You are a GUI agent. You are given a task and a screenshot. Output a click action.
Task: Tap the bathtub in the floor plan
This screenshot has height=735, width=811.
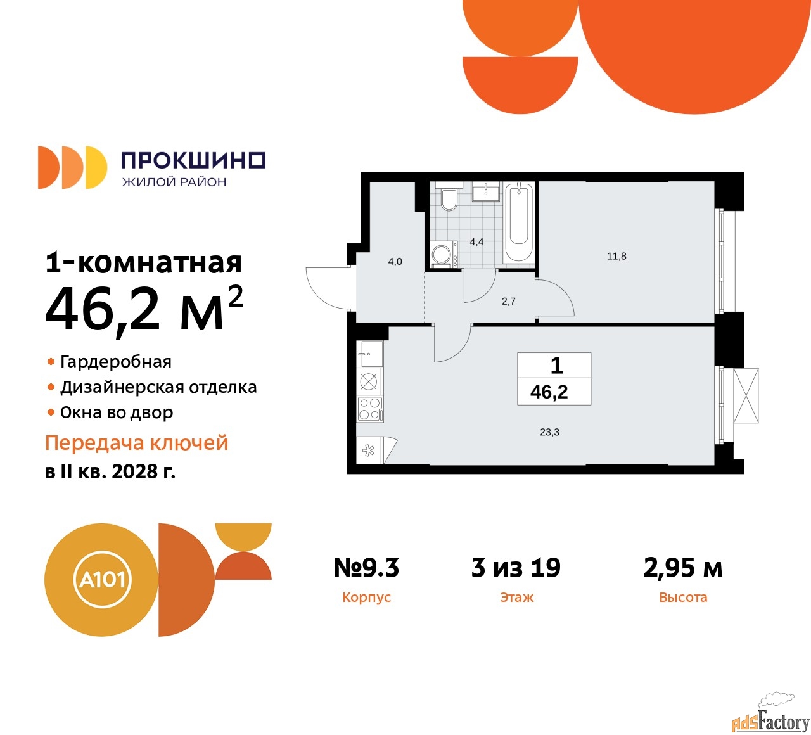tap(518, 222)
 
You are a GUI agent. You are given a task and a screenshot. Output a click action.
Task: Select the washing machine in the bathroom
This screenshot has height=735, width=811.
tap(444, 254)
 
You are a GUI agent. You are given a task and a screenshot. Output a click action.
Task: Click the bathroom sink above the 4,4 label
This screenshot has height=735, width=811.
tap(486, 191)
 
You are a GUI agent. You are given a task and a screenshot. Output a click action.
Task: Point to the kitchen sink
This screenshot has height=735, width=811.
tap(369, 354)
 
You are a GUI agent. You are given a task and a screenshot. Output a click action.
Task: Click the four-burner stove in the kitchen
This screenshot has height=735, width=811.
tap(369, 409)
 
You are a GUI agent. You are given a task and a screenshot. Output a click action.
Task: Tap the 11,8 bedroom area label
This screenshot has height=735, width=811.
tap(616, 256)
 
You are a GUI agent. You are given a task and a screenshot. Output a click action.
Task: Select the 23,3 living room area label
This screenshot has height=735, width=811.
tap(549, 432)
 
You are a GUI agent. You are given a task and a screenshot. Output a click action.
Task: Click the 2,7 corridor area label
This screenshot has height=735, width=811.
tap(508, 301)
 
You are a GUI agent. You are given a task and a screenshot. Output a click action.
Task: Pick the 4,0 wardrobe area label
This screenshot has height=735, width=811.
tap(395, 262)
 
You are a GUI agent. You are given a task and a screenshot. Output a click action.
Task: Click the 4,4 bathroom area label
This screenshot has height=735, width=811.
tap(476, 242)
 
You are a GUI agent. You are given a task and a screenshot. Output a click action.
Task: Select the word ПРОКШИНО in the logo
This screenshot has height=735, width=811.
tap(194, 160)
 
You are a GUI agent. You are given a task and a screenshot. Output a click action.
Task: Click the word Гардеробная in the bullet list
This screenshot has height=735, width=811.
tap(116, 362)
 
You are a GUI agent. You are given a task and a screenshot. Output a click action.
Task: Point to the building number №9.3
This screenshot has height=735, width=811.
tap(366, 567)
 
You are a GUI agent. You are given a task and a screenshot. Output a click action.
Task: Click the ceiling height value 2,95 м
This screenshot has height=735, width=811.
tap(683, 568)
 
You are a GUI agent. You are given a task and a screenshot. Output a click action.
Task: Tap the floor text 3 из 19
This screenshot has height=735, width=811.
tap(516, 567)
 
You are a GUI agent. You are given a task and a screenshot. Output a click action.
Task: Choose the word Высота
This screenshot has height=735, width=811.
tap(683, 597)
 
